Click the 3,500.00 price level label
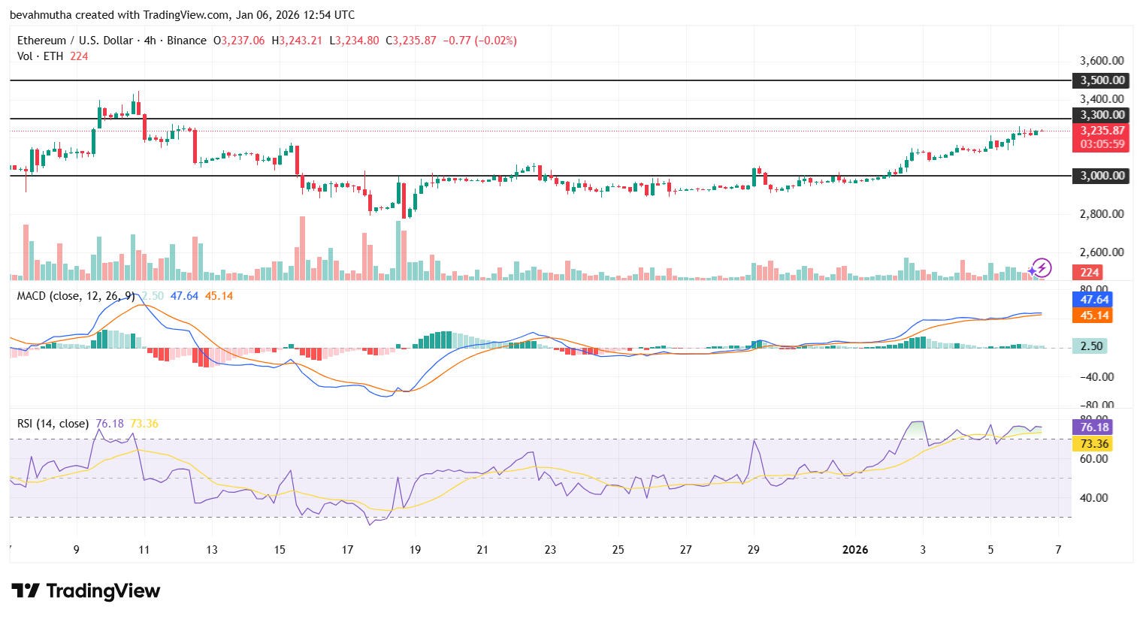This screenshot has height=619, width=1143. [1102, 80]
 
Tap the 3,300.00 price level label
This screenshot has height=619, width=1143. [1102, 115]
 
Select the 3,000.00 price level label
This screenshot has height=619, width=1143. [1102, 176]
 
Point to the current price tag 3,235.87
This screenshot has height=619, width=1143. [1102, 131]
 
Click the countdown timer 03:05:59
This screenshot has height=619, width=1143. [1102, 144]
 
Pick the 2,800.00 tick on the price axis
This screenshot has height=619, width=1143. [1102, 214]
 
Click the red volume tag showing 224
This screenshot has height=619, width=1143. [1090, 273]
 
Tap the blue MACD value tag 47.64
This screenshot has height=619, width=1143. [1094, 300]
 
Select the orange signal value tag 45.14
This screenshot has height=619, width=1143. [1094, 316]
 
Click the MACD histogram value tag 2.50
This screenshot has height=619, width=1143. [1091, 346]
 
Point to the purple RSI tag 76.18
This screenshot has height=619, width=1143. [1094, 427]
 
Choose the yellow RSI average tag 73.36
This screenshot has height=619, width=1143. [1094, 444]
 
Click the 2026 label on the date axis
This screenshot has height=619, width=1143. [855, 550]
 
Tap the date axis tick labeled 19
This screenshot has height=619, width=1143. [415, 550]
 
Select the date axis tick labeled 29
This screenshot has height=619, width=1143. [753, 550]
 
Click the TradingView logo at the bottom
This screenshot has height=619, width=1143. [86, 591]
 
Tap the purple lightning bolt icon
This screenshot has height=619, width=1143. [1041, 267]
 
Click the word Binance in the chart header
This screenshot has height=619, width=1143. [186, 41]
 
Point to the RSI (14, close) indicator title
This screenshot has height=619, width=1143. [53, 424]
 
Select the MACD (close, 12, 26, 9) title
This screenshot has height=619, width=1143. [76, 296]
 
